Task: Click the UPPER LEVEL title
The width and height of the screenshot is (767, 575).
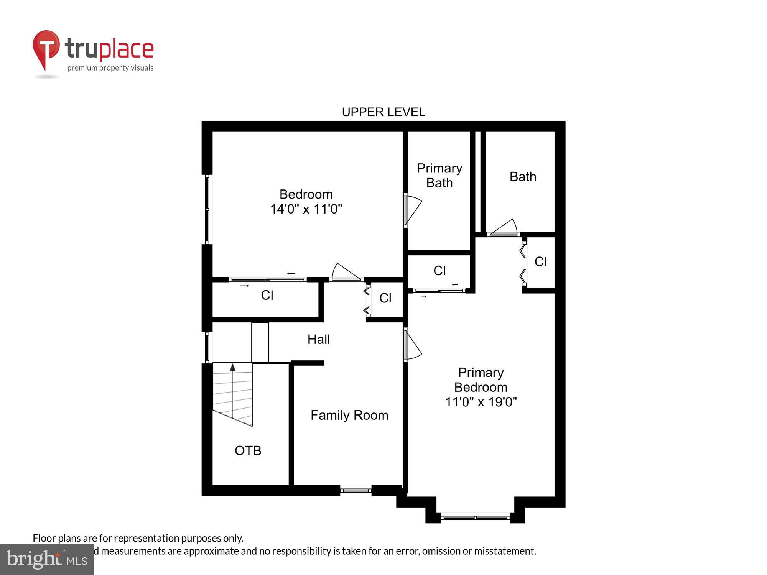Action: [x=383, y=112]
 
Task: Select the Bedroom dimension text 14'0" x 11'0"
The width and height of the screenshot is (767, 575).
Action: [x=306, y=209]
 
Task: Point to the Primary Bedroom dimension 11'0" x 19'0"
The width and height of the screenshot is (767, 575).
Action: [x=481, y=402]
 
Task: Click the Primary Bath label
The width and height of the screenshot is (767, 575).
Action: [x=439, y=176]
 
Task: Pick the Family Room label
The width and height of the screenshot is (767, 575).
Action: [x=349, y=415]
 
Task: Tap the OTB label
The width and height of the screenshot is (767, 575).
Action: [x=248, y=450]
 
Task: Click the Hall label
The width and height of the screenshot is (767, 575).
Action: [x=318, y=339]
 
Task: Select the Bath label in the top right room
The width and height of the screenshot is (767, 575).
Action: [x=523, y=177]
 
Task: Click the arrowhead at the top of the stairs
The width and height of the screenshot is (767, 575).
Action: [x=232, y=367]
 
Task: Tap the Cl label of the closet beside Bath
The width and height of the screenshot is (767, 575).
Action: [x=540, y=262]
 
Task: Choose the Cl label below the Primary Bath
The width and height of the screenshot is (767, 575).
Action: [x=439, y=271]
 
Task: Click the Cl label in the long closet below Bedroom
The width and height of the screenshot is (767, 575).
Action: [x=267, y=295]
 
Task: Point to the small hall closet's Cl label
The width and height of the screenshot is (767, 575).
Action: [x=385, y=298]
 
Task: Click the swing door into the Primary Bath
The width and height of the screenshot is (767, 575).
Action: [x=413, y=210]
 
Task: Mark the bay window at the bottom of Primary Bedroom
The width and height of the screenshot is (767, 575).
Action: [x=475, y=517]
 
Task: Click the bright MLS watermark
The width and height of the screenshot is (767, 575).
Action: [x=47, y=560]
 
